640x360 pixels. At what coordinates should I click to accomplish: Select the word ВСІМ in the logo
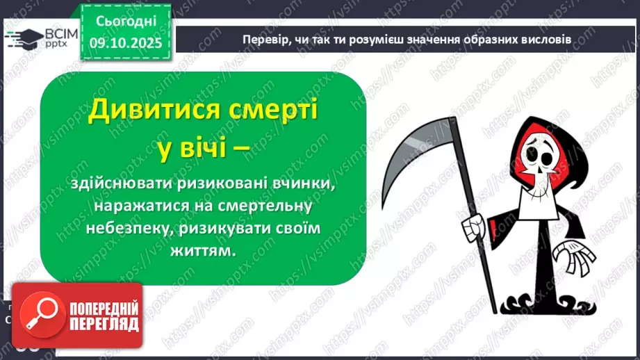[x=51, y=33]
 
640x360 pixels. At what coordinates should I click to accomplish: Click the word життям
[x=204, y=251]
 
